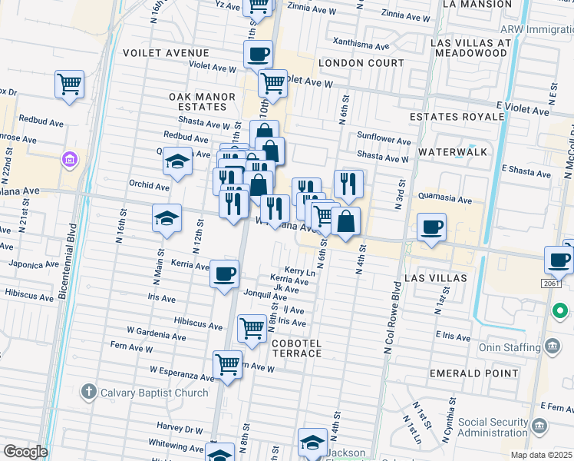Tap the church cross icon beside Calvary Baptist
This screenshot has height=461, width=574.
pos(88,393)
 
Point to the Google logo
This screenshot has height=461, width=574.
pos(25,452)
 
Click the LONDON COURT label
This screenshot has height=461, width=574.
pos(361,63)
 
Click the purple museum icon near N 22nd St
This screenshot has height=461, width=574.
pos(70,159)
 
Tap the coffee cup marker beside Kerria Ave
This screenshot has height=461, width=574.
pos(224,274)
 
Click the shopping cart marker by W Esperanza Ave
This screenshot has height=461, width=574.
pos(227,364)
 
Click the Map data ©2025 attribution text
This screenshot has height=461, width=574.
pos(541,455)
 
